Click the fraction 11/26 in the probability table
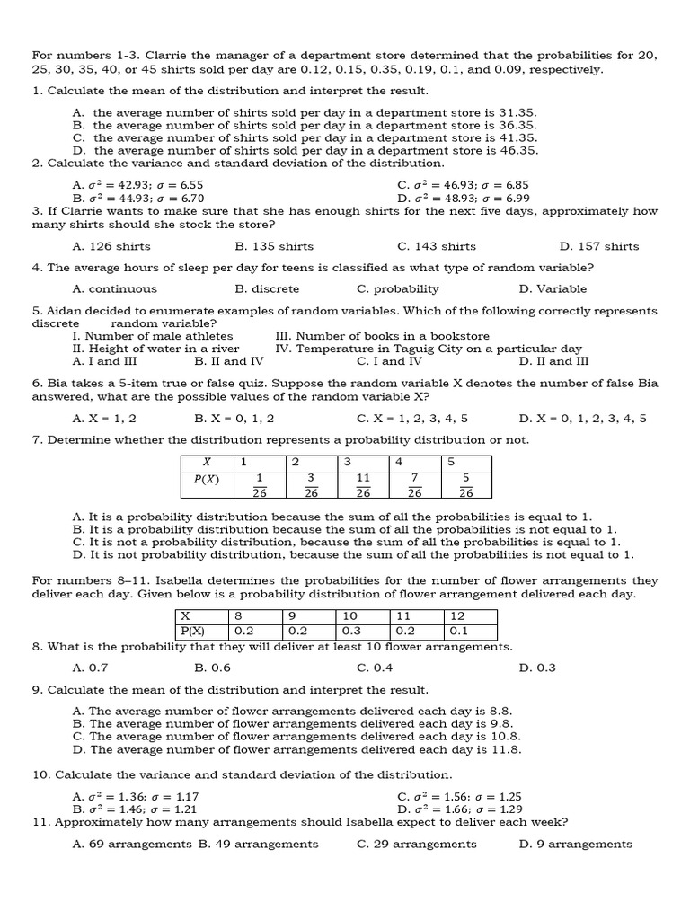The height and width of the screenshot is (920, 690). (x=362, y=485)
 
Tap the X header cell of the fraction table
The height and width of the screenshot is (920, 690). (x=207, y=462)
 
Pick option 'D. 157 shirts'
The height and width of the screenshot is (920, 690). (x=598, y=246)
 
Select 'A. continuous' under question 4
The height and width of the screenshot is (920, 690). (x=114, y=289)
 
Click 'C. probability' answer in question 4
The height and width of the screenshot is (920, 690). (x=397, y=289)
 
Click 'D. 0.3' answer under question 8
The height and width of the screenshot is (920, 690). (x=537, y=668)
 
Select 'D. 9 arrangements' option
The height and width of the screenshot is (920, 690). (x=575, y=845)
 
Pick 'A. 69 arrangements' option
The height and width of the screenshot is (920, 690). (x=132, y=845)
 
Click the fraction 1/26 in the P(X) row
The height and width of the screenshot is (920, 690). (x=259, y=485)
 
